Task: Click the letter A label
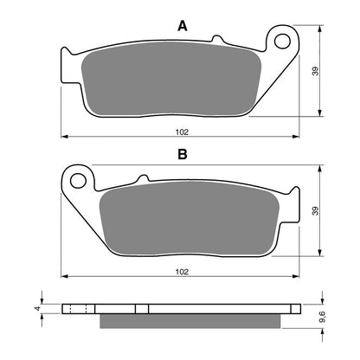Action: [x=182, y=27]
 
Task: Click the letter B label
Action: [x=182, y=156]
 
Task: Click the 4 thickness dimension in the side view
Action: [x=37, y=307]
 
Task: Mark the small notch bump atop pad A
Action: [x=218, y=39]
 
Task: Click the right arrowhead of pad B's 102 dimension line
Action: [x=297, y=276]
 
